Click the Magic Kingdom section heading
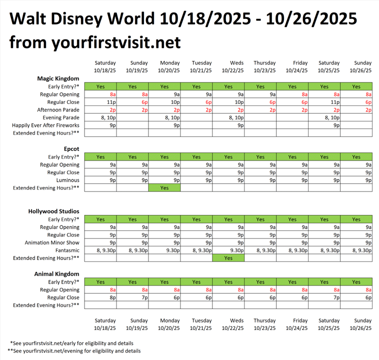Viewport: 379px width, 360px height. pyautogui.click(x=58, y=78)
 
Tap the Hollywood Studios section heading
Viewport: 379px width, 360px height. pyautogui.click(x=53, y=211)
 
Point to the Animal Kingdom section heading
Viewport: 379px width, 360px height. pyautogui.click(x=56, y=274)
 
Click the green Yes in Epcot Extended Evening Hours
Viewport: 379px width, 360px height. pyautogui.click(x=164, y=188)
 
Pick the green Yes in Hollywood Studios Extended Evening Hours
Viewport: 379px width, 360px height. pyautogui.click(x=228, y=258)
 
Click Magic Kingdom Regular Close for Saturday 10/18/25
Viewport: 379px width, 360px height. pyautogui.click(x=100, y=102)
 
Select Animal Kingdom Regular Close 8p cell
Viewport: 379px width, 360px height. pyautogui.click(x=100, y=297)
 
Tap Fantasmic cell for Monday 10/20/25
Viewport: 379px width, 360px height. pyautogui.click(x=164, y=250)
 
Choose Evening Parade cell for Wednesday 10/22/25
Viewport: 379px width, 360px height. pyautogui.click(x=228, y=117)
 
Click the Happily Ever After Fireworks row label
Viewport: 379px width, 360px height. pyautogui.click(x=46, y=125)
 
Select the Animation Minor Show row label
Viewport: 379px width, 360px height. pyautogui.click(x=52, y=242)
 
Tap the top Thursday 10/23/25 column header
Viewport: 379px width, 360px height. pyautogui.click(x=264, y=67)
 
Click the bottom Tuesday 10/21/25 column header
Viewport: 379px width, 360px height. pyautogui.click(x=201, y=324)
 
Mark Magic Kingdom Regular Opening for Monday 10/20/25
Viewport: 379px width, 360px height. pyautogui.click(x=164, y=94)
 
